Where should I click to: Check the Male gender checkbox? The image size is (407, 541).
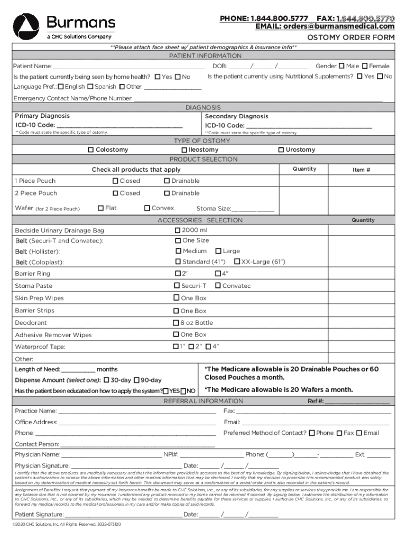pyautogui.click(x=341, y=66)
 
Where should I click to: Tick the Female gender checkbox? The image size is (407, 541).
pyautogui.click(x=365, y=66)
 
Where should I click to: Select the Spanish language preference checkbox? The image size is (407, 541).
pyautogui.click(x=90, y=87)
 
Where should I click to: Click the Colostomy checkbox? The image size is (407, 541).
pyautogui.click(x=91, y=150)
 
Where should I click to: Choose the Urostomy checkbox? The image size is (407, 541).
pyautogui.click(x=281, y=150)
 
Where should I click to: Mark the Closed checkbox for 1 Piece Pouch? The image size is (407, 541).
pyautogui.click(x=115, y=181)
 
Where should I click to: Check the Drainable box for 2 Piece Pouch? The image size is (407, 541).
pyautogui.click(x=166, y=193)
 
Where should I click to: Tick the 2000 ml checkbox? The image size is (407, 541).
pyautogui.click(x=178, y=230)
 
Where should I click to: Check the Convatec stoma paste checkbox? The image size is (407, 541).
pyautogui.click(x=218, y=286)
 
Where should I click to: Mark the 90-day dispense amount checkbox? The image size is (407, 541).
pyautogui.click(x=136, y=380)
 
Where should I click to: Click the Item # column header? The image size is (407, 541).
pyautogui.click(x=362, y=170)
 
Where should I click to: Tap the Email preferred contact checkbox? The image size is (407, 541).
pyautogui.click(x=359, y=433)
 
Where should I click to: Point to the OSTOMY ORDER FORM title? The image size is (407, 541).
pyautogui.click(x=351, y=38)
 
